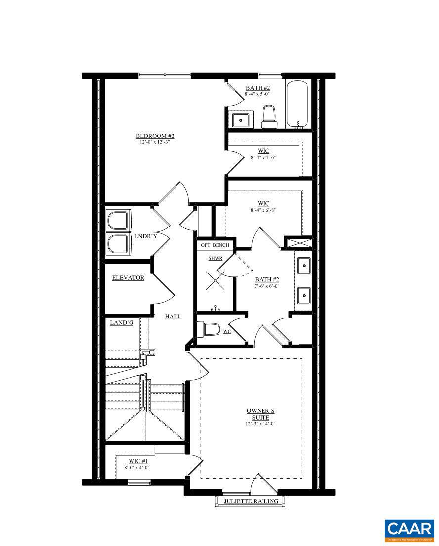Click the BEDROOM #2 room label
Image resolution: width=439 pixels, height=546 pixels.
click(155, 136)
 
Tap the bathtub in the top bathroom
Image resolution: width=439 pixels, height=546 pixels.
click(297, 105)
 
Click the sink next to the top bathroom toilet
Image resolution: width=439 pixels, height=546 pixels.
click(241, 119)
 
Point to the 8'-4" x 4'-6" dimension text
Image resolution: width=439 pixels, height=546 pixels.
click(263, 157)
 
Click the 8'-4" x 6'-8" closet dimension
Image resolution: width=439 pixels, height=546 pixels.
click(263, 210)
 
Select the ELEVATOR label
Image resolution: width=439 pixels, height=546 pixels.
click(128, 278)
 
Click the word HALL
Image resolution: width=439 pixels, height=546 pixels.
click(173, 316)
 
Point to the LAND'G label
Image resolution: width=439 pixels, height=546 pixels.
click(122, 322)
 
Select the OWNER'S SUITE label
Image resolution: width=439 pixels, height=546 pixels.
click(260, 414)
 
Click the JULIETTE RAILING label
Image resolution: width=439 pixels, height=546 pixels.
click(251, 501)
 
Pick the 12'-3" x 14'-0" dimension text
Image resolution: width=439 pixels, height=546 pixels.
click(260, 424)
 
